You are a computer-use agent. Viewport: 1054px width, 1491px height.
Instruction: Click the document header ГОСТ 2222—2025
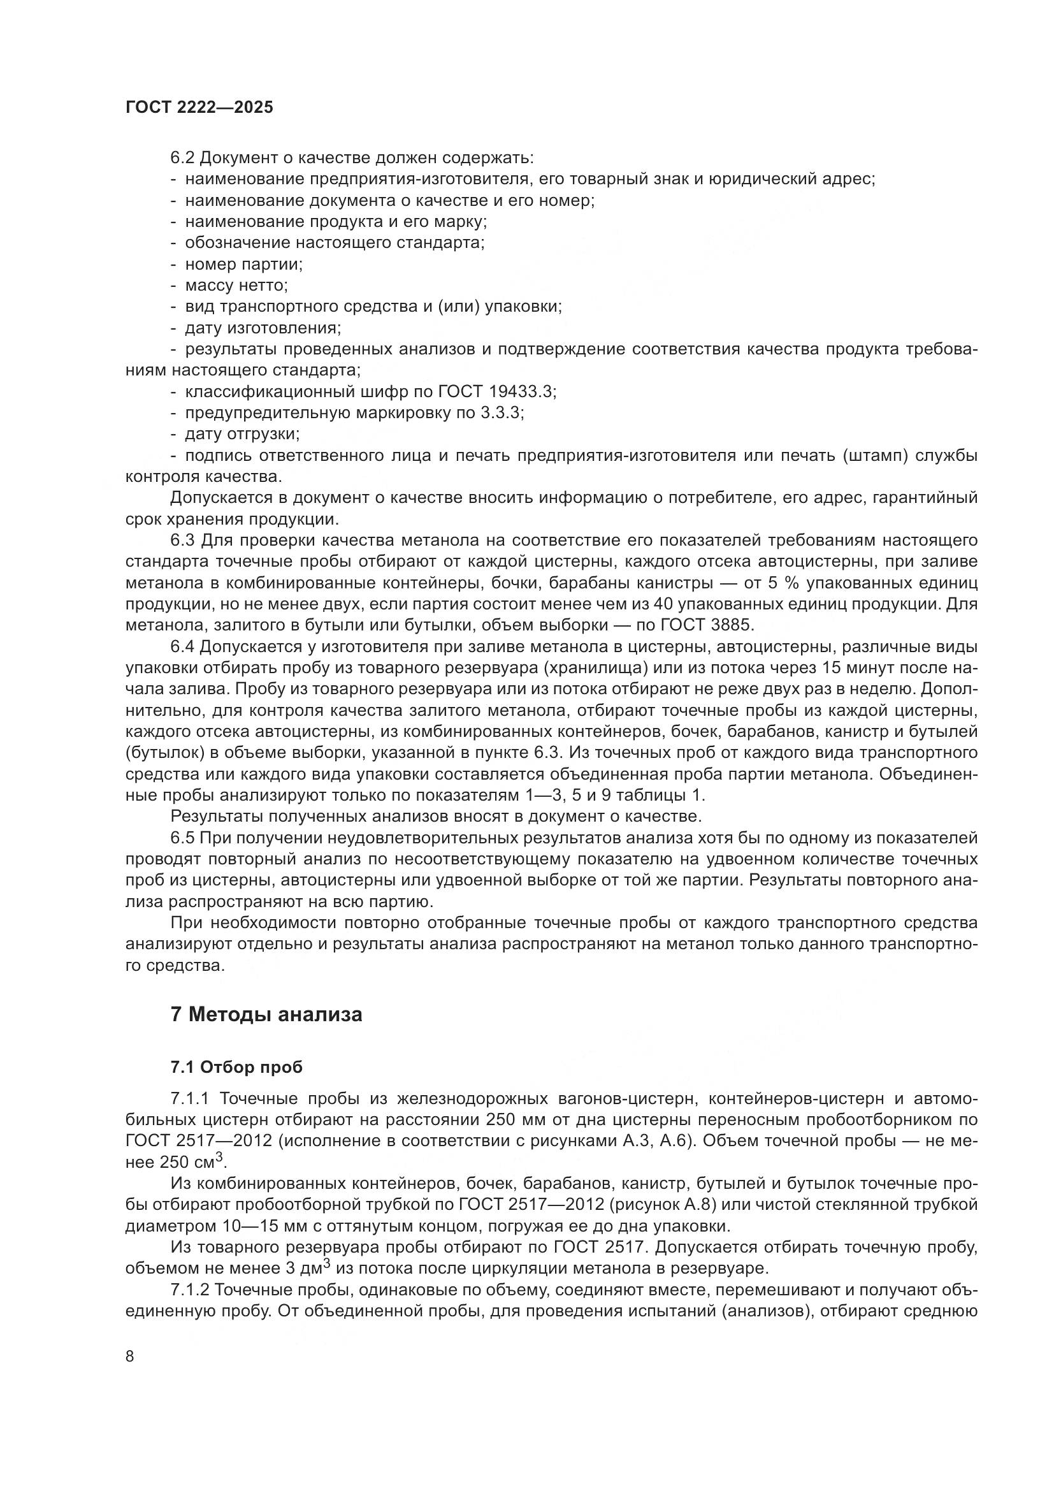[199, 108]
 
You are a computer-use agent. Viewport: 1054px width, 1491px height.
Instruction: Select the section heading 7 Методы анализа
[266, 1014]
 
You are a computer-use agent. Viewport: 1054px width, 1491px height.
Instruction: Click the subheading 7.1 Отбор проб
[237, 1067]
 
